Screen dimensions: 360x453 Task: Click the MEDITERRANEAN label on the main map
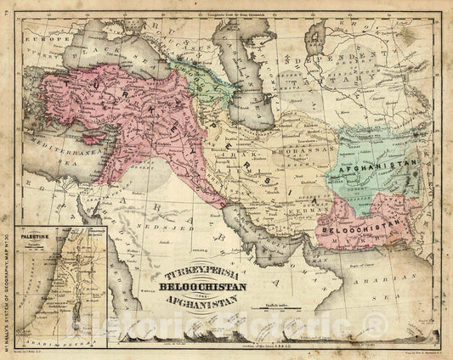tap(53, 155)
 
